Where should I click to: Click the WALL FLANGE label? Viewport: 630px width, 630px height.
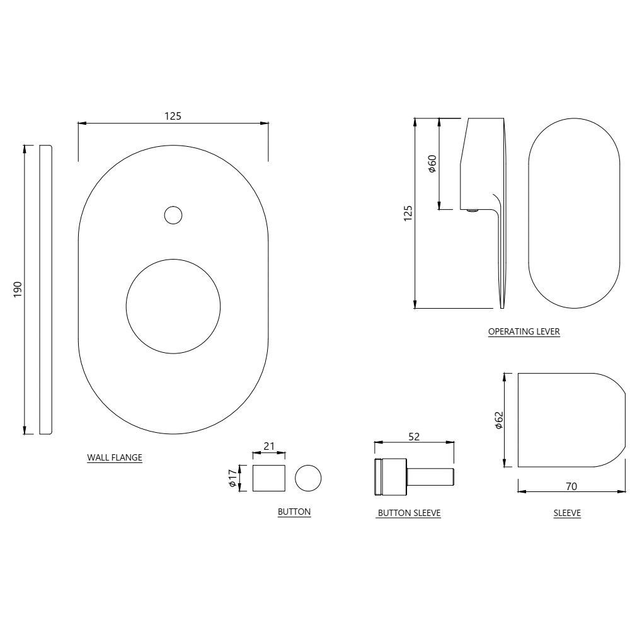114,458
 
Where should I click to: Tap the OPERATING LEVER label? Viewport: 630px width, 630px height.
524,331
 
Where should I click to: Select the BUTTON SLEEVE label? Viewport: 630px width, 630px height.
408,513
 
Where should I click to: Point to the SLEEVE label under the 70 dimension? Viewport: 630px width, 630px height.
567,513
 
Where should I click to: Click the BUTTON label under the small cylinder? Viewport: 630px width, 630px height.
294,512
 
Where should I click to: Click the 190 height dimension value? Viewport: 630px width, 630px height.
18,289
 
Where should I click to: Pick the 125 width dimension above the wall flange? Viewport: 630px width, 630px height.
173,116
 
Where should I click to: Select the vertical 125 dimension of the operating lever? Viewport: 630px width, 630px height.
408,214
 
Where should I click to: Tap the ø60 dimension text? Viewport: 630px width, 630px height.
432,163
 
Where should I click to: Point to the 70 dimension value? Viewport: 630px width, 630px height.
571,486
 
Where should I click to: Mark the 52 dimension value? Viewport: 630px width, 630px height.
414,437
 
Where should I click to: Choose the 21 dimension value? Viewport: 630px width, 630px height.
269,446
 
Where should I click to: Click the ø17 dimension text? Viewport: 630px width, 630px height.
232,479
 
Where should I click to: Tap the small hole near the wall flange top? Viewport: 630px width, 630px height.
173,215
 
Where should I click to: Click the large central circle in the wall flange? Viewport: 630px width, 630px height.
173,306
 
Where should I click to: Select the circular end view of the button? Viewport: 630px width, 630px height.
308,478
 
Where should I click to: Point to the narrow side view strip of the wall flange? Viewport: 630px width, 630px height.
45,289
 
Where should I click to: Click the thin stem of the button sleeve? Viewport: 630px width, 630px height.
432,477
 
